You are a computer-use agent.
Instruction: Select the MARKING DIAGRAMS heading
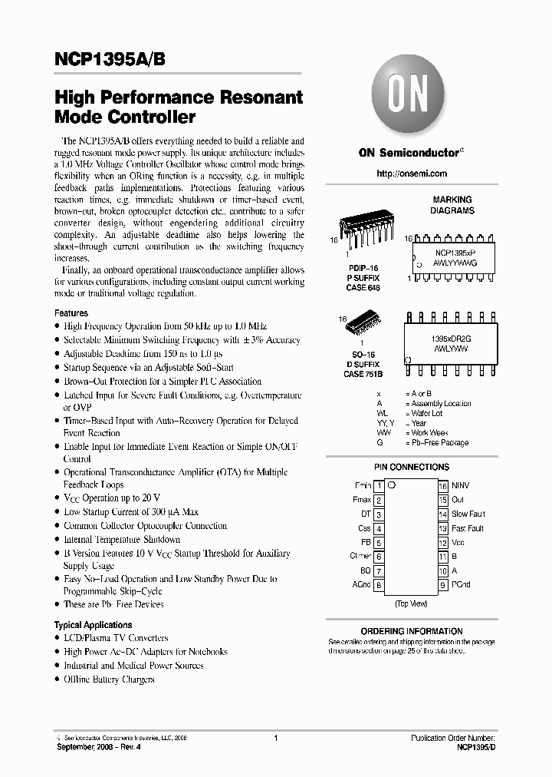coord(452,205)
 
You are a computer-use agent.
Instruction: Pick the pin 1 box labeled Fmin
coord(379,485)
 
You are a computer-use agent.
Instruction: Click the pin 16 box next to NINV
coord(442,485)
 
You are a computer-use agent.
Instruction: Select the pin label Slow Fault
coord(468,514)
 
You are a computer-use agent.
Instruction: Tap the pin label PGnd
coord(461,585)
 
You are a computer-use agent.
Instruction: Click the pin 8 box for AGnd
coord(379,585)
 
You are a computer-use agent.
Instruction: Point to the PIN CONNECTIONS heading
coord(411,467)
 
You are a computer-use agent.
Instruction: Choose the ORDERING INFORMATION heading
coord(411,631)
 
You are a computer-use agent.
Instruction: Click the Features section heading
coord(71,313)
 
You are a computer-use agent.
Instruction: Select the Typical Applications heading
coord(93,625)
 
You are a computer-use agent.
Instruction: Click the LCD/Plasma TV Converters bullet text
coord(116,638)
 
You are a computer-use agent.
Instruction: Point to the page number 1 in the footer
coord(274,738)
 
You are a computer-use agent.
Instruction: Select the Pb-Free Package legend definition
coord(439,443)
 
